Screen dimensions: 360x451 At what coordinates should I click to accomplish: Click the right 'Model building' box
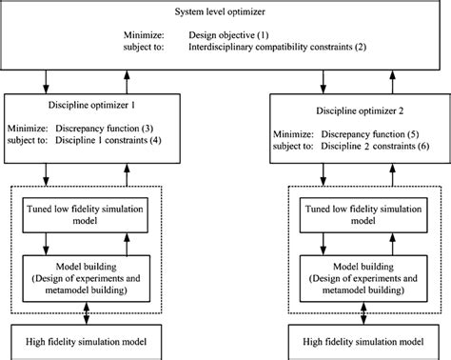pyautogui.click(x=359, y=274)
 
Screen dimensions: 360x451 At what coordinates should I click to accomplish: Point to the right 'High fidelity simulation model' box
pyautogui.click(x=359, y=341)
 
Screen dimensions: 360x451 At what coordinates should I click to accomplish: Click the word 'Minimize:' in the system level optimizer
pyautogui.click(x=144, y=34)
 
